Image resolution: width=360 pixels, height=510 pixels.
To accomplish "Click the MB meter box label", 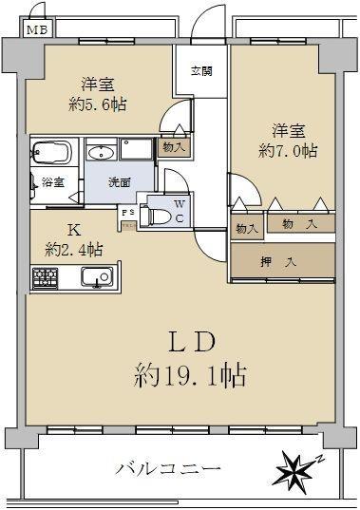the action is pos(37,30).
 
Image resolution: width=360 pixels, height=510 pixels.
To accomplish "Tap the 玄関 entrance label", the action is pos(201,71).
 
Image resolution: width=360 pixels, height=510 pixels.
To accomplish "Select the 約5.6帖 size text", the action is pos(97,104).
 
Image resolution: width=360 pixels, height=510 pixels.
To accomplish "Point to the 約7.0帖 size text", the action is pos(288,151).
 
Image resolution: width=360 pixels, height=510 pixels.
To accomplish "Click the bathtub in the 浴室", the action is pos(51,152).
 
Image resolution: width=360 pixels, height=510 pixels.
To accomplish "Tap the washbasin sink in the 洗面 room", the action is pos(102,153).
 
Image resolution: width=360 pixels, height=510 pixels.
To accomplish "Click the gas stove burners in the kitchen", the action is pos(46,278).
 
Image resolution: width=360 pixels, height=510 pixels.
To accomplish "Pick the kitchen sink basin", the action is pos(97,277).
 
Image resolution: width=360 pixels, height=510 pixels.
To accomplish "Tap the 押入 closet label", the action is pos(278,261).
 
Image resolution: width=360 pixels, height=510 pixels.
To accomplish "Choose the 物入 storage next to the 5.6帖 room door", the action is pos(174,148).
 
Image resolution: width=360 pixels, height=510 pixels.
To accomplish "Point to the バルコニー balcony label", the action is pos(169,469).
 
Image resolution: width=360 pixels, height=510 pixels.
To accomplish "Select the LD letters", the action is pos(193,342).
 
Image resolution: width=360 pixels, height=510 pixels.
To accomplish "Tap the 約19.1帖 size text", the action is pos(190,376).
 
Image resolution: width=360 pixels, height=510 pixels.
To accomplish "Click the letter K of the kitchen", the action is pos(74,230).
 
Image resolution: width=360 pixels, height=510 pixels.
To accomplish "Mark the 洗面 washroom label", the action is pos(120,182).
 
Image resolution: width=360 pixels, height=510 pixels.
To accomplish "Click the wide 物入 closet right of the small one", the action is pos(301,224).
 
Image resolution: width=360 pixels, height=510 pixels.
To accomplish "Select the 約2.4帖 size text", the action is pos(74,250).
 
